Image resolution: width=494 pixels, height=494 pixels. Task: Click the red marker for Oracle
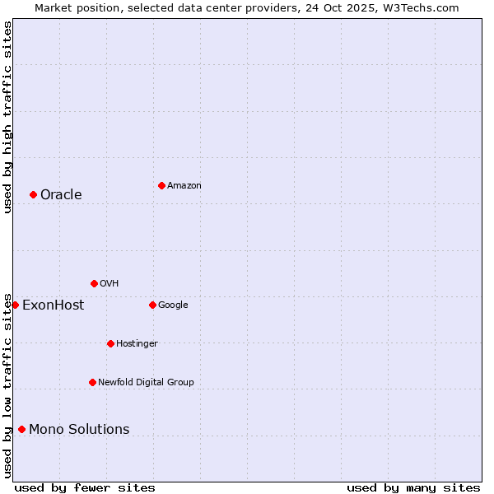point(33,194)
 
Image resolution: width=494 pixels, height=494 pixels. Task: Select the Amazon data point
point(161,185)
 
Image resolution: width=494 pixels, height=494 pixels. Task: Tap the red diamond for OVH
point(94,283)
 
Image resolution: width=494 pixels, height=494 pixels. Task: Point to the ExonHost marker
point(15,305)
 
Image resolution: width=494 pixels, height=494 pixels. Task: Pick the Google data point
point(152,305)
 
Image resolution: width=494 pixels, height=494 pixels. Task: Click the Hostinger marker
point(110,343)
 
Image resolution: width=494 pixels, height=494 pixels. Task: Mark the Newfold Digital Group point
point(92,382)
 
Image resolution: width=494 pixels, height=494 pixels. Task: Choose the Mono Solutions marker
point(21,429)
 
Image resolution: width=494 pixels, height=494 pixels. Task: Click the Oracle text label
point(61,195)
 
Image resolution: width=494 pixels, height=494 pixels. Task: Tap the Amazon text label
point(184,186)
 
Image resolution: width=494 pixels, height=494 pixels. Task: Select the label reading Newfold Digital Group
point(146,382)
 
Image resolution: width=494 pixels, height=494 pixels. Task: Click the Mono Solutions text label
point(79,429)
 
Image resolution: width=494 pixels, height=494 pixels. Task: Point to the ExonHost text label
point(53,305)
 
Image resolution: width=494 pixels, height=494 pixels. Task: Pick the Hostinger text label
point(137,343)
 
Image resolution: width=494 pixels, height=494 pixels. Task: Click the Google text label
point(173,305)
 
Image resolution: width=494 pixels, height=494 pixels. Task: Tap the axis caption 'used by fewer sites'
point(85,487)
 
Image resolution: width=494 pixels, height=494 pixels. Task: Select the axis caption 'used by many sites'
point(413,487)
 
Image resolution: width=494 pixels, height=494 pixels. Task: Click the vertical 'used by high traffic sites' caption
point(7,117)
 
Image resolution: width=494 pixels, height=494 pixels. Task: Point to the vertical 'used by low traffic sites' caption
point(7,384)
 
